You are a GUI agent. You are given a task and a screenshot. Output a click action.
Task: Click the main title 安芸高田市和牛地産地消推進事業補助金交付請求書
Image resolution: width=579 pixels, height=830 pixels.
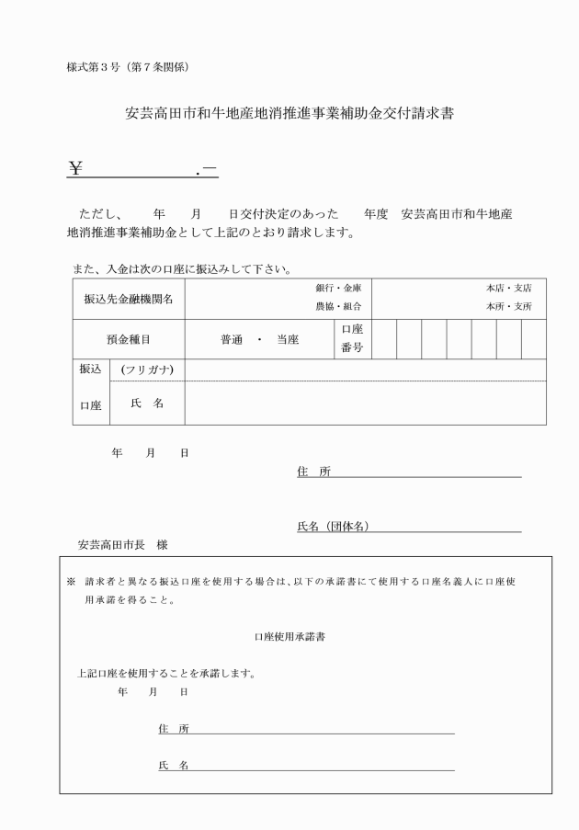coord(289,114)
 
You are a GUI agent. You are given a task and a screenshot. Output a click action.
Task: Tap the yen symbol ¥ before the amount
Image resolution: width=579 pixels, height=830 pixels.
coord(76,167)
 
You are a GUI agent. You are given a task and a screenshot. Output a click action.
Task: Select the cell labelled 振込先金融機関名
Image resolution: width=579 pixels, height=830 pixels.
coord(128,299)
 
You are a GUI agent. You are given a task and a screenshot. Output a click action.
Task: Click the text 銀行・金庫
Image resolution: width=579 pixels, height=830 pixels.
coord(339,288)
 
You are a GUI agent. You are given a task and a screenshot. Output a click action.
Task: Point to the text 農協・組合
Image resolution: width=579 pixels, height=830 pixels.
coord(339,306)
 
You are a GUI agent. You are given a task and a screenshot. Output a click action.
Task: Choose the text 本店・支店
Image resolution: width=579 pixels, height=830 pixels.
coord(509,288)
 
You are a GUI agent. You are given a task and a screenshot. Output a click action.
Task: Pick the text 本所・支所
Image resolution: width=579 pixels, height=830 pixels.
coord(509,306)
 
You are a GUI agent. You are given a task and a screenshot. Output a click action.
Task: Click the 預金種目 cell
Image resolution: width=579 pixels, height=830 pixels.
coord(128,339)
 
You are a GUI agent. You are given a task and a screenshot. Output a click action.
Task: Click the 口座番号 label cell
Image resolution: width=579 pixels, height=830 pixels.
coord(352,338)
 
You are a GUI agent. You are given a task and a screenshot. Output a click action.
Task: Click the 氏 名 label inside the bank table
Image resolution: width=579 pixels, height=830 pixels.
coord(147,404)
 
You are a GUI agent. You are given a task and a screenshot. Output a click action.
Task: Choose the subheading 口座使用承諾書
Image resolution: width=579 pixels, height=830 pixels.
coord(289,635)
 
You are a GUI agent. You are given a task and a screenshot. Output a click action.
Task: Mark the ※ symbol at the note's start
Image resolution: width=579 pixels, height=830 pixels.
coord(71,583)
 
